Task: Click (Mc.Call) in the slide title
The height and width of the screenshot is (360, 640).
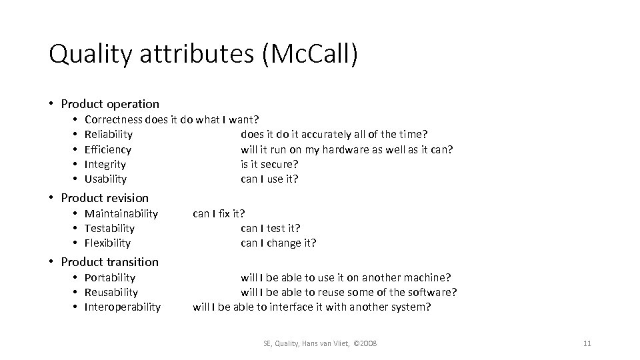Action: coord(311,55)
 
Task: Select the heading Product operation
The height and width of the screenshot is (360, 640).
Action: coord(110,104)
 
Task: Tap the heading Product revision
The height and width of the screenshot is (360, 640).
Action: coord(105,198)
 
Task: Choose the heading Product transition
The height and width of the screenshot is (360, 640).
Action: coord(109,262)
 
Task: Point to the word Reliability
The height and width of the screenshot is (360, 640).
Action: coord(109,135)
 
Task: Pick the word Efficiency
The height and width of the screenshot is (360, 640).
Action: coord(108,149)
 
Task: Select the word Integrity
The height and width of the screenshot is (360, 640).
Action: coord(105,164)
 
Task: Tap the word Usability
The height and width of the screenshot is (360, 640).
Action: coord(105,179)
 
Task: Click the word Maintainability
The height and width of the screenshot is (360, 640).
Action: coord(121,213)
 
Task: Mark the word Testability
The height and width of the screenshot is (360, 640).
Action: coord(109,228)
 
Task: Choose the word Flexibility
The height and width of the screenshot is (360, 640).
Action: coord(107,243)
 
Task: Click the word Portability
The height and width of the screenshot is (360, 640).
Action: coord(110,277)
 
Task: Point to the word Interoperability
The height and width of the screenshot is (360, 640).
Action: coord(123,307)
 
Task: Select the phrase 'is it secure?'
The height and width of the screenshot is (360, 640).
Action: coord(269,164)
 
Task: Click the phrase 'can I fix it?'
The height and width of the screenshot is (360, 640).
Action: coord(219,213)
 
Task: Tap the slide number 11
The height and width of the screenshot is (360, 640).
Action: coord(587,343)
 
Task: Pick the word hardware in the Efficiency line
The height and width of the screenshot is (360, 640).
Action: coord(345,149)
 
